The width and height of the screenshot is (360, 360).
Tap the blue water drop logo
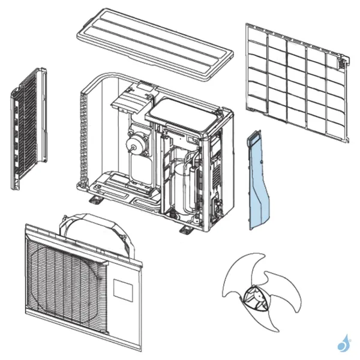pos(344,344)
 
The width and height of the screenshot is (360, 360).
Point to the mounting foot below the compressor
pos(186,230)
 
